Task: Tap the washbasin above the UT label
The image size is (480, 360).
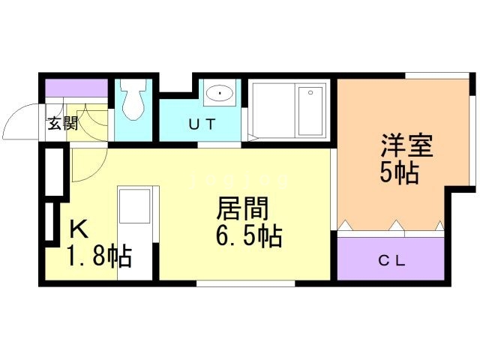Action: [x=219, y=94]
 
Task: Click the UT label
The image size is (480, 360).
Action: [x=202, y=125]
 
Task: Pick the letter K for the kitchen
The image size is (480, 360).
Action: [x=78, y=228]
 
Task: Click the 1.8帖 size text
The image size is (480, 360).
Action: [x=99, y=256]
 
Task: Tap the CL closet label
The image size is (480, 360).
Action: [x=391, y=261]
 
